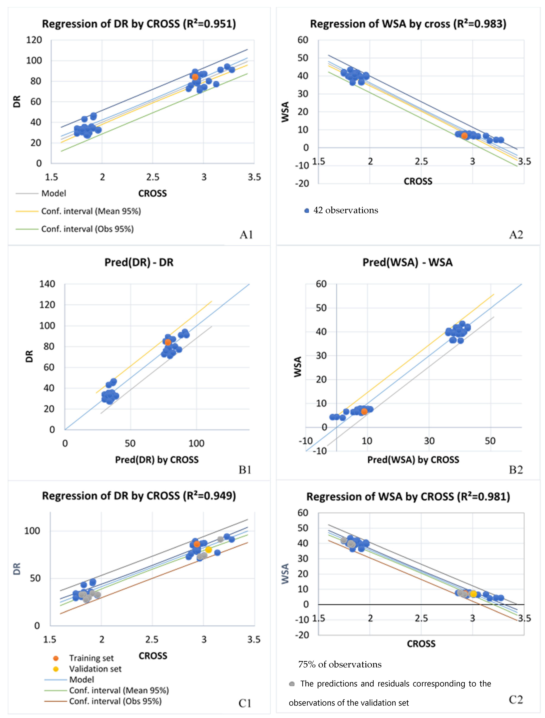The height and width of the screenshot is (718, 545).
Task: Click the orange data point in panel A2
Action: (x=465, y=136)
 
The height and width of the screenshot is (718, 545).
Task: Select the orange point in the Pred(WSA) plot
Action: (x=364, y=411)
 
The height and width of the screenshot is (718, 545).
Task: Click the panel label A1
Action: (x=246, y=235)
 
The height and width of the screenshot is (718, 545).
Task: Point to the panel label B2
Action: (x=516, y=470)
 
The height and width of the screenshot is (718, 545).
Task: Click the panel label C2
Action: (x=516, y=700)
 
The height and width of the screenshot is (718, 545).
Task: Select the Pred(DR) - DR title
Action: (x=139, y=262)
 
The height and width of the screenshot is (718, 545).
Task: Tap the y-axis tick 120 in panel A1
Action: (x=34, y=40)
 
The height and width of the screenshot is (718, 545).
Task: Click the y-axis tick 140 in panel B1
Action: (x=47, y=284)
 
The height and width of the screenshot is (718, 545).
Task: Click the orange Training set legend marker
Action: (x=56, y=658)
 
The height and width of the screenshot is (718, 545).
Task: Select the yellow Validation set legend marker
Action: (x=56, y=669)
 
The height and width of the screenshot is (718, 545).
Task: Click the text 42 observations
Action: (x=345, y=210)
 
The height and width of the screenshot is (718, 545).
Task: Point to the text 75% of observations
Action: (x=340, y=664)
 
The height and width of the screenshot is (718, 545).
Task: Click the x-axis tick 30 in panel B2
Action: (x=429, y=441)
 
